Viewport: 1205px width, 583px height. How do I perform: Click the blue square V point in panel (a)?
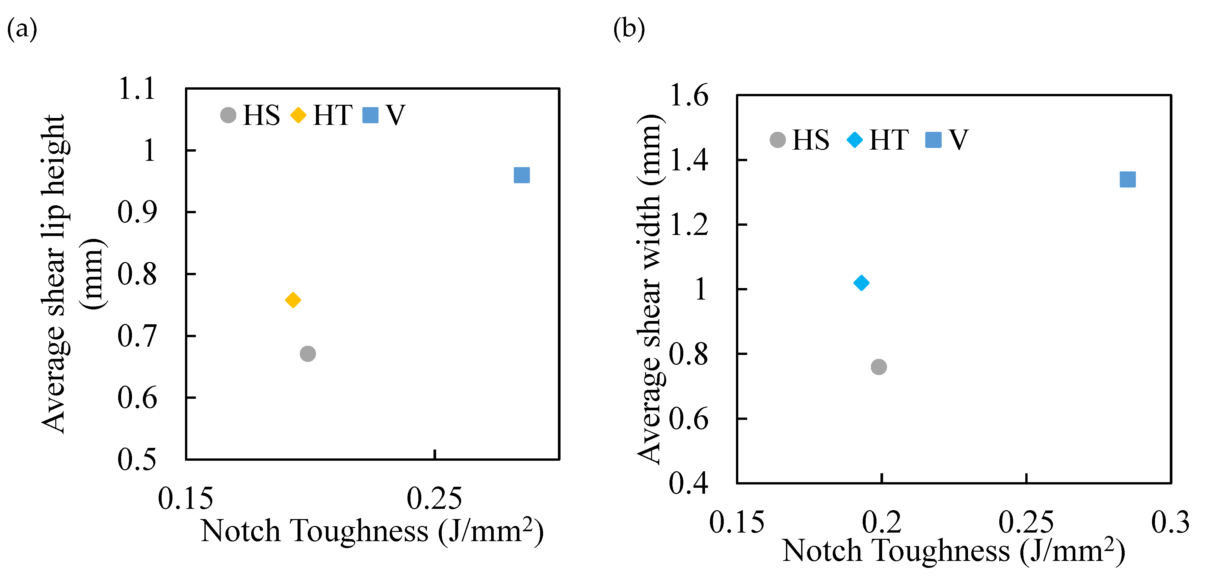click(522, 175)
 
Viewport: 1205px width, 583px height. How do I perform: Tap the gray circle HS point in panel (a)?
click(307, 354)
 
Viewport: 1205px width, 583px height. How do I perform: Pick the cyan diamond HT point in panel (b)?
click(861, 283)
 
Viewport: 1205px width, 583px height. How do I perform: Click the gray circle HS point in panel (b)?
click(878, 367)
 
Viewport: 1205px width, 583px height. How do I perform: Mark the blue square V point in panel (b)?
click(1127, 179)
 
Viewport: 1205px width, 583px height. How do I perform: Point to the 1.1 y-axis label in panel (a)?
click(137, 89)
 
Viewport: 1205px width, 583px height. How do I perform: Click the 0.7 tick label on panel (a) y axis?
click(137, 336)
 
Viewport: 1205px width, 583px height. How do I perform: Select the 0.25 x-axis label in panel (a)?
click(434, 498)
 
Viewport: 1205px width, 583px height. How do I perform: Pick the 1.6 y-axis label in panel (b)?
click(689, 96)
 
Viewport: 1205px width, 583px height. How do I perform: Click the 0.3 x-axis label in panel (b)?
click(1170, 522)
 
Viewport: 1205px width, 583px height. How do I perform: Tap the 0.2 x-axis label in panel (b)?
click(881, 522)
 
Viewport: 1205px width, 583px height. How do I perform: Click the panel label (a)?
click(22, 29)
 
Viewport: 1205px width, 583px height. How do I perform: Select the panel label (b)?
click(629, 29)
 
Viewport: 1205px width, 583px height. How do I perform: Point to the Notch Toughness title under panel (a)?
click(372, 532)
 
